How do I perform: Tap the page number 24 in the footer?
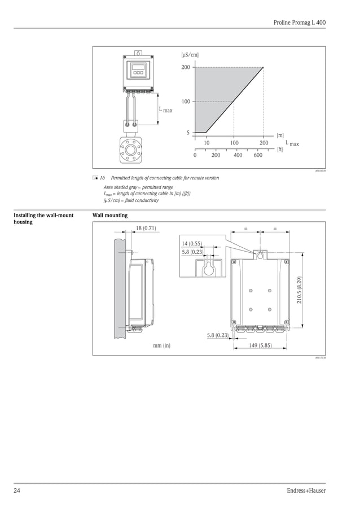17,490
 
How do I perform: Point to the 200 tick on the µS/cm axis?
186,68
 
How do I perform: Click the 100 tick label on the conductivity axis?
186,102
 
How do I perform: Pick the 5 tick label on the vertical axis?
188,133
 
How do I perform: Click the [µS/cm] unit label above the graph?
190,55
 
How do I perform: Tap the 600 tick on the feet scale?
258,155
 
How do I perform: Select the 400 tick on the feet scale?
238,155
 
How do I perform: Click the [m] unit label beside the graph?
280,135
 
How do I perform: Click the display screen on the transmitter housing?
138,72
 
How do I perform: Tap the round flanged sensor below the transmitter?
134,150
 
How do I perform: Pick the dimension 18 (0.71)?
146,228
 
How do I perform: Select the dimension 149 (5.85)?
260,345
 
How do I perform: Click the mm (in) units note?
162,345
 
